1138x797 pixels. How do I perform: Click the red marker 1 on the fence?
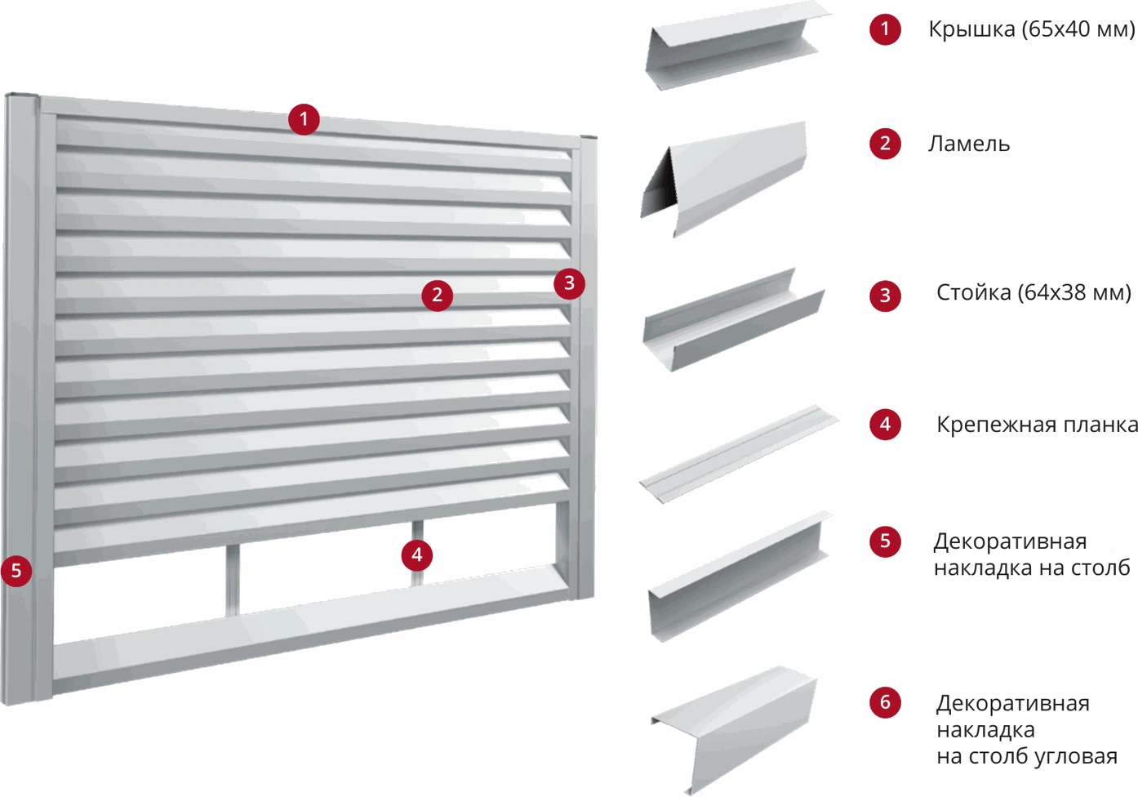(304, 119)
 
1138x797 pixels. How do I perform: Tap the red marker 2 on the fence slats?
(438, 296)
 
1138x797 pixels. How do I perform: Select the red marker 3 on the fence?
(570, 283)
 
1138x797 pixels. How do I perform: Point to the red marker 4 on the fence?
(417, 555)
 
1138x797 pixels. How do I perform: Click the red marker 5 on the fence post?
(16, 571)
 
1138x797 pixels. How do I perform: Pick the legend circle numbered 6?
(885, 702)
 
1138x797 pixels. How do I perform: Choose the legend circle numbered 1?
(885, 29)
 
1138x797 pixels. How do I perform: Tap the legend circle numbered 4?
(885, 424)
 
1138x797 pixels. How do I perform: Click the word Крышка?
(971, 29)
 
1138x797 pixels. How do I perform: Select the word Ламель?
(969, 144)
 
